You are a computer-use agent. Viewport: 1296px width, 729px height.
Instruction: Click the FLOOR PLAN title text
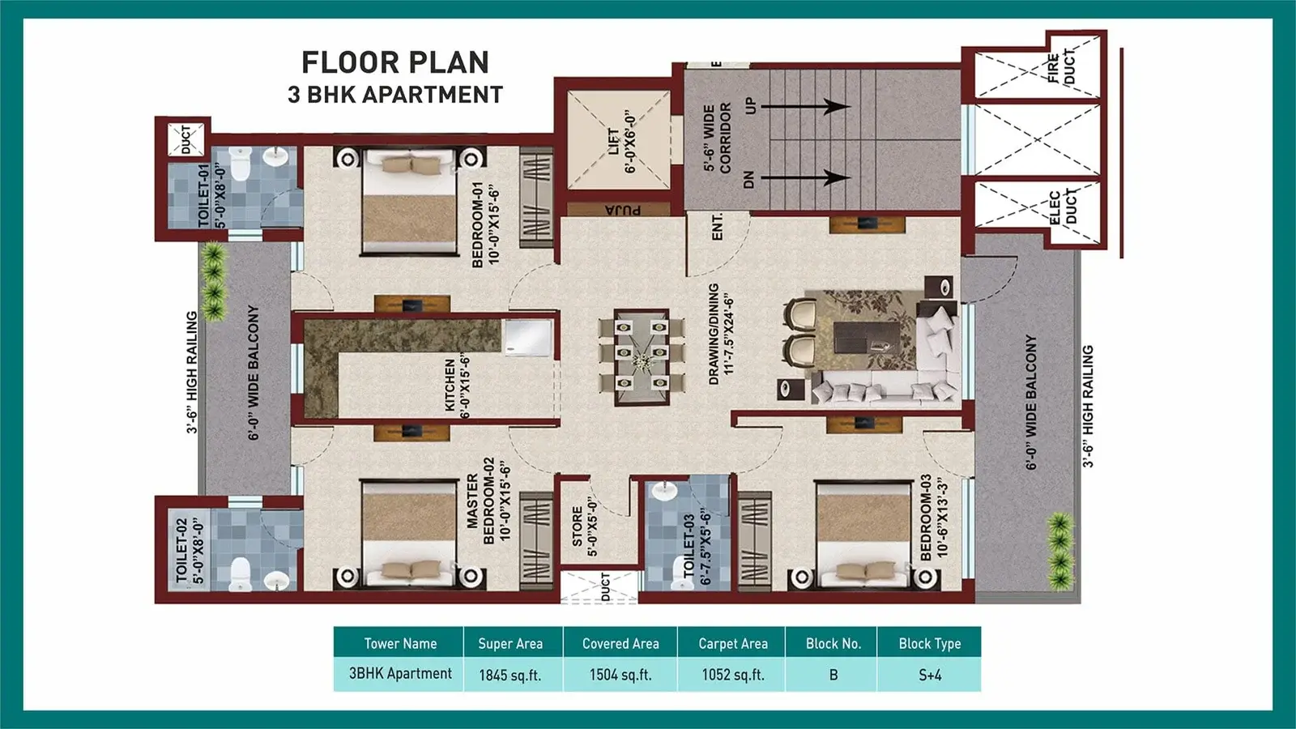[395, 62]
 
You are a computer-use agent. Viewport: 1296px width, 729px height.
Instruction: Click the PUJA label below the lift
[622, 210]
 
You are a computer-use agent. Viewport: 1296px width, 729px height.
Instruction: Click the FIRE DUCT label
[1060, 68]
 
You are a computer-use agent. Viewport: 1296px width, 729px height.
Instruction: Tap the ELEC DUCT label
[1062, 207]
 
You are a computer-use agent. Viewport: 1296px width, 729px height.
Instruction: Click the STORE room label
[583, 526]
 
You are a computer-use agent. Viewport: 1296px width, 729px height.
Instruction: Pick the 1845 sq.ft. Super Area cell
[509, 675]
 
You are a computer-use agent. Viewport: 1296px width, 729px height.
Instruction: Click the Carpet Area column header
[732, 644]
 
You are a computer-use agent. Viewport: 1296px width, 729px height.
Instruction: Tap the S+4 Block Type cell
[929, 675]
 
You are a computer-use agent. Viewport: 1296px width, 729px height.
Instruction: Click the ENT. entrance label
[717, 227]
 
